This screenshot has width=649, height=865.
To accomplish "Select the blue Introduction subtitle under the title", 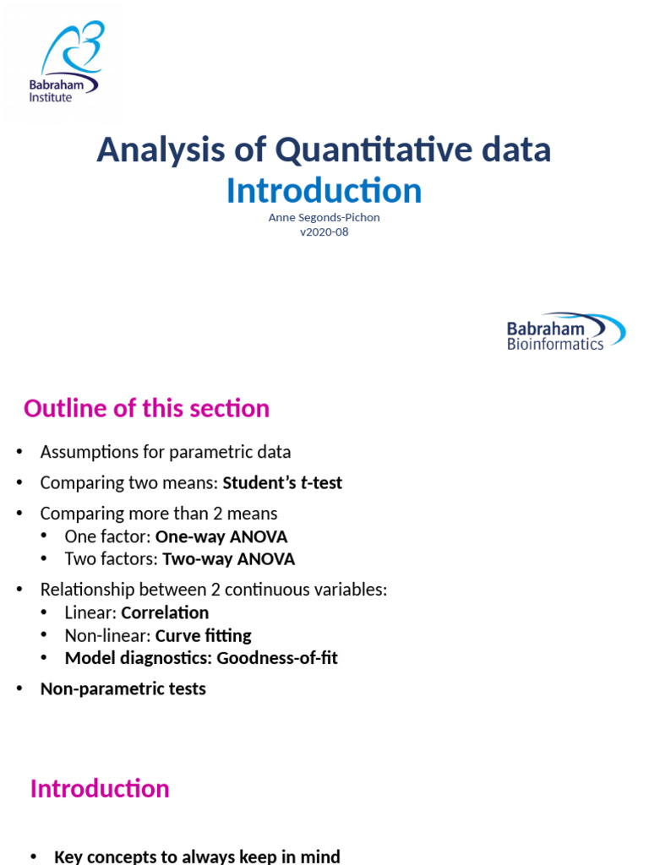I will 324,191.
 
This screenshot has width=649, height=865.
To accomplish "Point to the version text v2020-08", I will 324,232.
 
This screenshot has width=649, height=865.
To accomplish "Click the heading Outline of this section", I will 146,409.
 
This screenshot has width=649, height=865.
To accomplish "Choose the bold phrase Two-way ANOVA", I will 228,559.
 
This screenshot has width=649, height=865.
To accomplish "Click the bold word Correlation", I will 165,613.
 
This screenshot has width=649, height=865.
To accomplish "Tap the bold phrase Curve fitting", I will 204,635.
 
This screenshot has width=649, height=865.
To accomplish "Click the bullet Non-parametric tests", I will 123,689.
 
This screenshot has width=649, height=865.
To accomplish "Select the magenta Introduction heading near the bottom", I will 100,789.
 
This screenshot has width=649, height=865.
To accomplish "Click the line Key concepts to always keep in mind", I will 197,857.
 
